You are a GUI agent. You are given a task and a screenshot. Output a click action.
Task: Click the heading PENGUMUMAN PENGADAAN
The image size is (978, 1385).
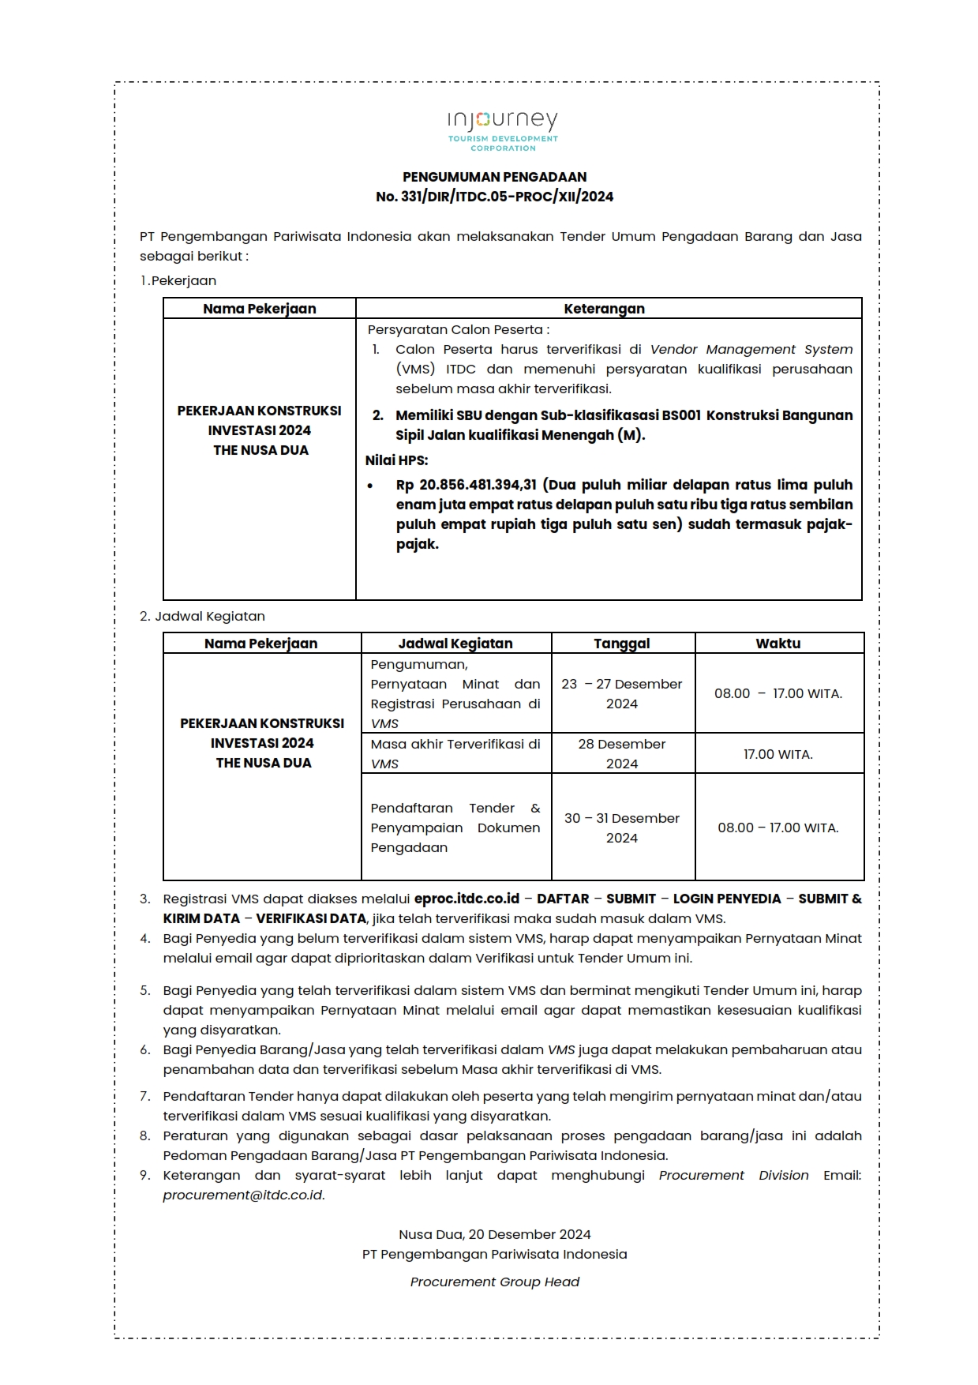coord(495,177)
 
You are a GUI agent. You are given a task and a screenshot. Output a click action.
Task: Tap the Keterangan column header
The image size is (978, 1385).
coord(605,309)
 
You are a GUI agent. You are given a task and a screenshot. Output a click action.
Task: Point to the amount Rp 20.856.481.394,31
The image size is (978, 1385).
coord(467,485)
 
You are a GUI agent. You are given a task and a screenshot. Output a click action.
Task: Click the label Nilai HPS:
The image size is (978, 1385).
coord(396,460)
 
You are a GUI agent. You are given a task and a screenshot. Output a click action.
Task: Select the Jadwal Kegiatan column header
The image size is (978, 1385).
coord(455,644)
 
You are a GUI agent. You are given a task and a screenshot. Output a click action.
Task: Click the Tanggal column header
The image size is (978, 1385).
coord(622,644)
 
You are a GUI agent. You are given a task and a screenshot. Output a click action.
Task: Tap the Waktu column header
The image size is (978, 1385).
coord(778,644)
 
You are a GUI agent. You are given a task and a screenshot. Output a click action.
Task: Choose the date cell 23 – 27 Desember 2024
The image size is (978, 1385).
coord(622,694)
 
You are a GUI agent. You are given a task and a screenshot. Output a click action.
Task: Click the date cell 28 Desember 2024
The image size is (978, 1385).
coord(622,754)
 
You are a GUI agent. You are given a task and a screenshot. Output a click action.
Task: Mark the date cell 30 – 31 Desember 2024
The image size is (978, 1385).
coord(622,828)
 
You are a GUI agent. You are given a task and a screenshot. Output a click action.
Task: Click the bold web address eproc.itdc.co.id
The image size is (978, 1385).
coord(467,899)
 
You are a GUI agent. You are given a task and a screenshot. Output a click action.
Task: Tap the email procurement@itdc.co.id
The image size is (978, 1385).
coord(243,1195)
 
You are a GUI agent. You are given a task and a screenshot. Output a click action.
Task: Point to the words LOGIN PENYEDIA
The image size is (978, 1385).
coord(727,899)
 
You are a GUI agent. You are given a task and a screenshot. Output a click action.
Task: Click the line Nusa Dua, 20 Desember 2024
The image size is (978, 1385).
coord(495,1235)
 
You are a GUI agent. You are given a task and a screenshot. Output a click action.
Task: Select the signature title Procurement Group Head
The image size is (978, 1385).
coord(495,1282)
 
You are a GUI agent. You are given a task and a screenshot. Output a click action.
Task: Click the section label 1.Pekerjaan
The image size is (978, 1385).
coord(178,281)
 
